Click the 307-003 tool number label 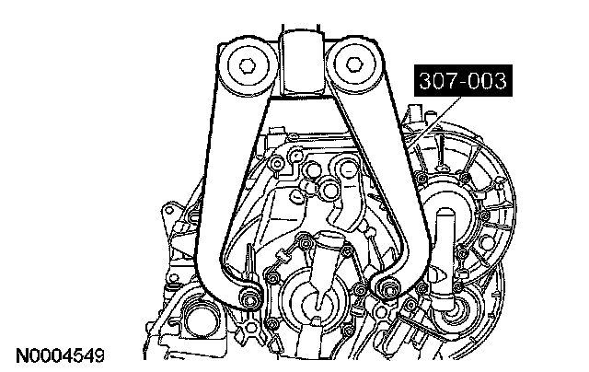[463, 81]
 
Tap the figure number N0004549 [60, 355]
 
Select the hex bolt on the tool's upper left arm [248, 66]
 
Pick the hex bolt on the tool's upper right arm [352, 64]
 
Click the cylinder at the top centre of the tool [301, 64]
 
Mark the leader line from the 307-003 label [435, 121]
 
